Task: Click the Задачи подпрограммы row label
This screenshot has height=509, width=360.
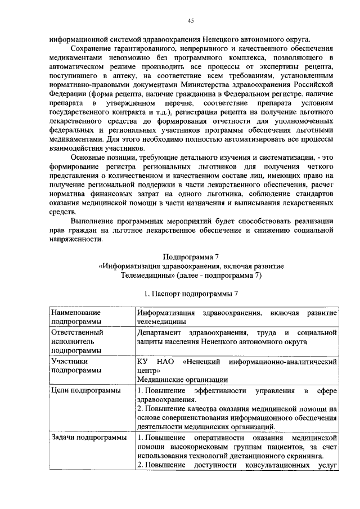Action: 88,438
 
